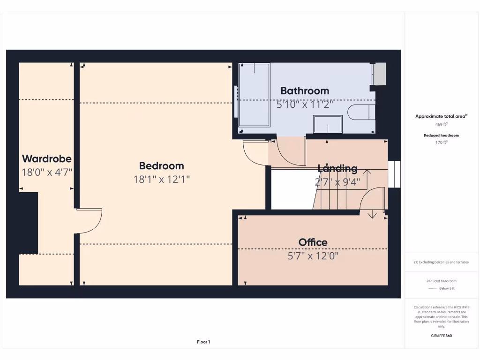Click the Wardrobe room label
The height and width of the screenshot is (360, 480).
pyautogui.click(x=47, y=158)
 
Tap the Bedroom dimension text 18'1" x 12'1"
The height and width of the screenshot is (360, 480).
pyautogui.click(x=162, y=179)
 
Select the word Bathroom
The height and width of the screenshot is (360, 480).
pyautogui.click(x=305, y=90)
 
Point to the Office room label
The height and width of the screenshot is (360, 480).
pyautogui.click(x=313, y=242)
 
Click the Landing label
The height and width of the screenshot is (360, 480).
pyautogui.click(x=337, y=168)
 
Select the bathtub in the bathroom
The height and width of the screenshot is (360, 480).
pyautogui.click(x=255, y=95)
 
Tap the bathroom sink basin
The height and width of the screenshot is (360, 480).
pyautogui.click(x=328, y=124)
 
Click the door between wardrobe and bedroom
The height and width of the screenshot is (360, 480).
pyautogui.click(x=89, y=220)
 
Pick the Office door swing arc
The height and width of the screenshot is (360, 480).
pyautogui.click(x=370, y=199)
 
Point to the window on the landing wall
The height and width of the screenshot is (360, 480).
pyautogui.click(x=395, y=174)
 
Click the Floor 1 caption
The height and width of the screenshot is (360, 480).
pyautogui.click(x=203, y=342)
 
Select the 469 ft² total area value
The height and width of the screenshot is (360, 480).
pyautogui.click(x=441, y=124)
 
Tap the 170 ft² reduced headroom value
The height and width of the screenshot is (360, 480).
pyautogui.click(x=441, y=142)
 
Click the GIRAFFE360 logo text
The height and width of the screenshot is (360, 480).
pyautogui.click(x=441, y=336)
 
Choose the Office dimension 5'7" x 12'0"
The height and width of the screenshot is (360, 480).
pyautogui.click(x=313, y=255)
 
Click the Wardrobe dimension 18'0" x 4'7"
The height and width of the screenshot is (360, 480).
pyautogui.click(x=47, y=172)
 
